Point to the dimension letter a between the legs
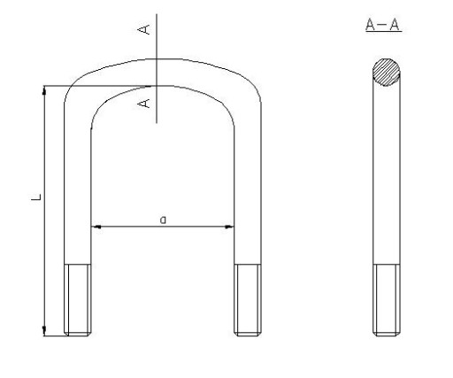pos(163,218)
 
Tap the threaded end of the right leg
pos(248,298)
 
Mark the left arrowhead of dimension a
pos(96,228)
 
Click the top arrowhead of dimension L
pos(44,90)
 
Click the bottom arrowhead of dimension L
pos(44,330)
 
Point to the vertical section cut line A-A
pos(156,71)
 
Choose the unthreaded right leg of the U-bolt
pos(248,195)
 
